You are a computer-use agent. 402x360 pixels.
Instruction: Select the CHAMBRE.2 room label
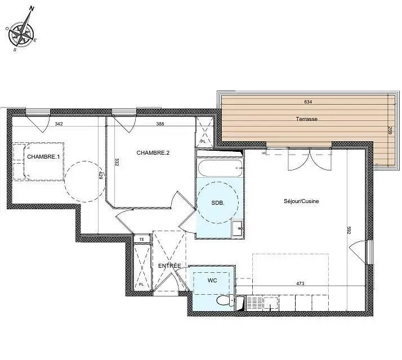coord(153,152)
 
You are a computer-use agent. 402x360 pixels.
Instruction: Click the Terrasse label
coord(307,119)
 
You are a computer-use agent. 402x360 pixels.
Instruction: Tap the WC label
coord(212,280)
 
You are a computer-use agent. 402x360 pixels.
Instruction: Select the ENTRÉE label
coord(169,265)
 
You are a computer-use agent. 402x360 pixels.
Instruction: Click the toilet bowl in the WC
coord(226,301)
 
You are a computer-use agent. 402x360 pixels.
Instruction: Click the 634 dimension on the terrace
coord(307,102)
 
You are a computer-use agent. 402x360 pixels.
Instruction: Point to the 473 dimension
coord(300,283)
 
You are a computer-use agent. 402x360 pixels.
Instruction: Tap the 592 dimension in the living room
coord(349,230)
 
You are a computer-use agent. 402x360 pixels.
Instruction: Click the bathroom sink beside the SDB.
coord(238,227)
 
